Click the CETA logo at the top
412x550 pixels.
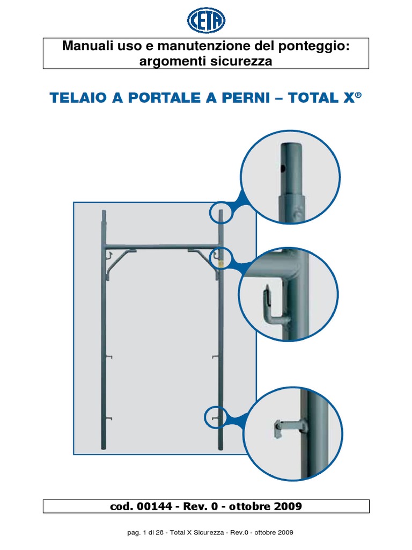tap(206, 20)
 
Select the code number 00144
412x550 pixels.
tap(154, 506)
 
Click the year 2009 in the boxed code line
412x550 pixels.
tap(288, 506)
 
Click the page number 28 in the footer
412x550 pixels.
tap(160, 532)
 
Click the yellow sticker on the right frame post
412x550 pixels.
tap(220, 262)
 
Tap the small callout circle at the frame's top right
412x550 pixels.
tap(222, 212)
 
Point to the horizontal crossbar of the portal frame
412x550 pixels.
tap(162, 247)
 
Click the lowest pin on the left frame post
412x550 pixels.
tap(109, 418)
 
